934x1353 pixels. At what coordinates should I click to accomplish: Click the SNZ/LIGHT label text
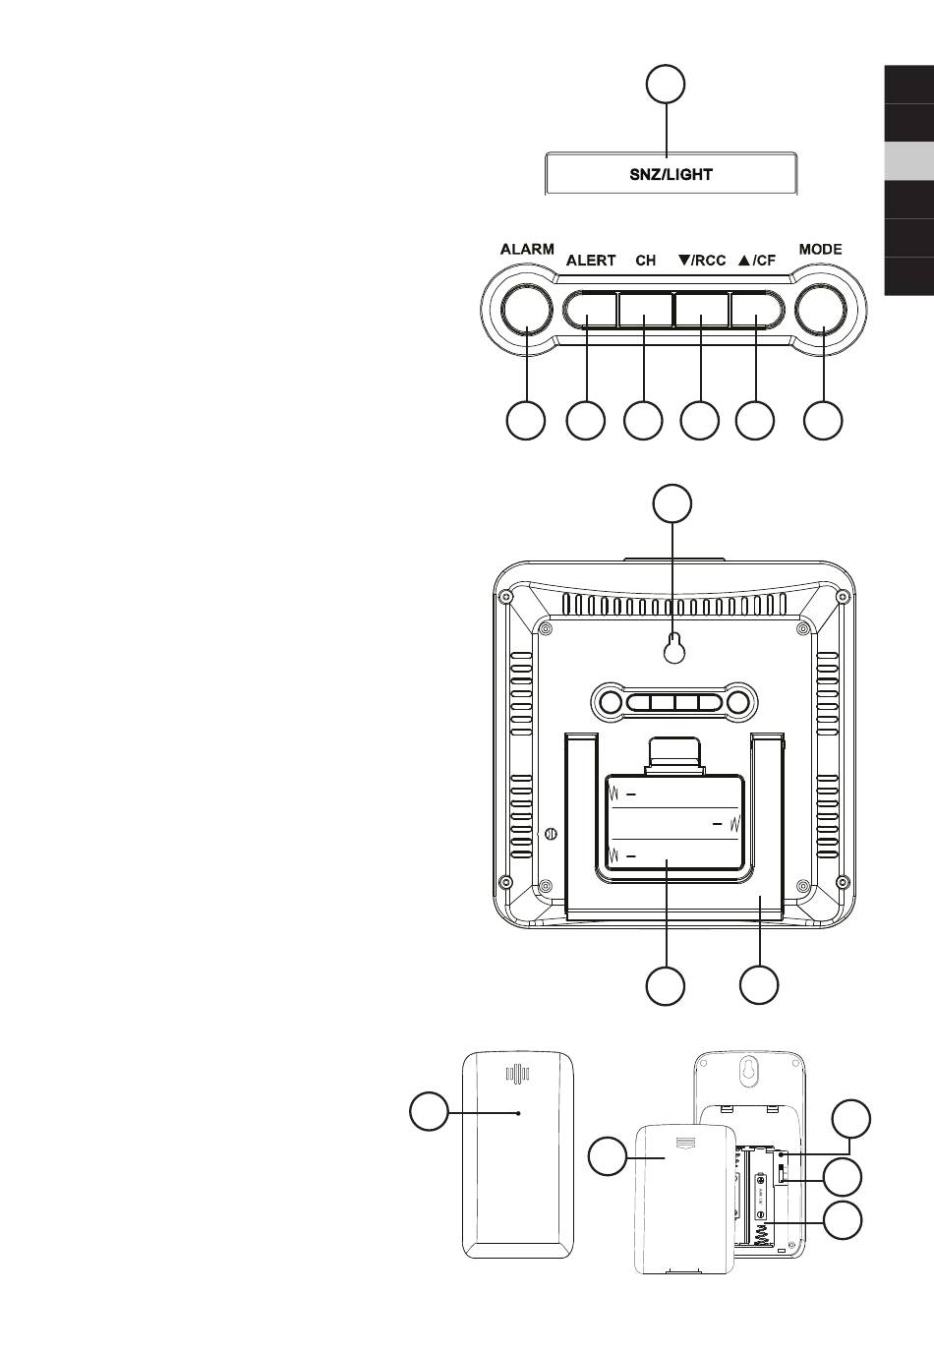[671, 175]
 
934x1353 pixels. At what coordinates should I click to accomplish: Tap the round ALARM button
[527, 310]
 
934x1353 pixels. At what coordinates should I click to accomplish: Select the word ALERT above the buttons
[591, 261]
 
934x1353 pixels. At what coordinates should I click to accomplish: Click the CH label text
[645, 261]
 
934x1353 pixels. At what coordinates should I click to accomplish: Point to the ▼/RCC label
[702, 261]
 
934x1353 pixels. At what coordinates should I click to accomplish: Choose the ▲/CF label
[756, 261]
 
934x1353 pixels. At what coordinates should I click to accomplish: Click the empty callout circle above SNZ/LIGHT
[666, 84]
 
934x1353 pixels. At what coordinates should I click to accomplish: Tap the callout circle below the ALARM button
[526, 421]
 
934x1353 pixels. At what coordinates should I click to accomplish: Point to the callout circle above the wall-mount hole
[673, 502]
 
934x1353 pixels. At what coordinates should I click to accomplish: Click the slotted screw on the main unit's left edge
[550, 834]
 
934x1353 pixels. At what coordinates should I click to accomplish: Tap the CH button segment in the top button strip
[645, 310]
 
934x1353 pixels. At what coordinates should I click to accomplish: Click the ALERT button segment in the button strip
[591, 310]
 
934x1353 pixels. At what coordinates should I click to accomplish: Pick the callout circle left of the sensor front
[429, 1112]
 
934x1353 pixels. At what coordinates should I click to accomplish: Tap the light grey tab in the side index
[909, 160]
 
